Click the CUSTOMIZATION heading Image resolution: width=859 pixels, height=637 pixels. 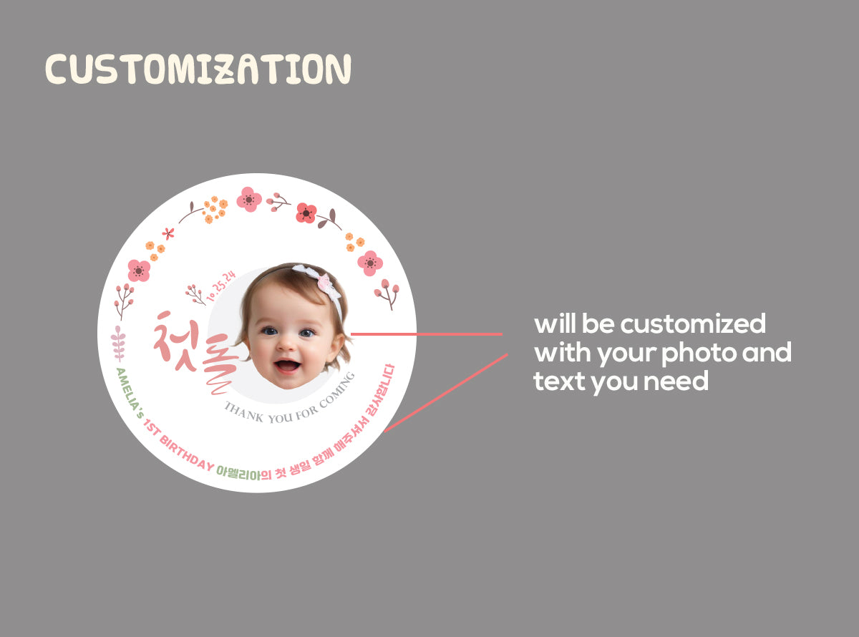point(198,69)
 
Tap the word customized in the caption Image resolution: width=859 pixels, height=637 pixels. point(693,324)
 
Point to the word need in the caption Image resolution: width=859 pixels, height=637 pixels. point(676,381)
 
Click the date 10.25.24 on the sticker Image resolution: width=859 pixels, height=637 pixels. point(220,286)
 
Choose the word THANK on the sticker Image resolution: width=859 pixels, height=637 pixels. point(243,412)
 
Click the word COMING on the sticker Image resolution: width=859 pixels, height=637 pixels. point(337,389)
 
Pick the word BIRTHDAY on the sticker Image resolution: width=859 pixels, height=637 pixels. point(186,453)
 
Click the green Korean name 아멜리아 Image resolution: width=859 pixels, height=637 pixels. point(238,473)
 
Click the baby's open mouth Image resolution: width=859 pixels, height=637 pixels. point(287,365)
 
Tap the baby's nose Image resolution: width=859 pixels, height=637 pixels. point(286,343)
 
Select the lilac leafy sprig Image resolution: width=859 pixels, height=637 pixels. point(118,344)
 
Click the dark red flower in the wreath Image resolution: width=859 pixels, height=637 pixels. point(306,213)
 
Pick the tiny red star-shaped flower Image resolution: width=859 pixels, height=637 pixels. point(168,233)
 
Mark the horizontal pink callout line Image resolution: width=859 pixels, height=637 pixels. point(427,334)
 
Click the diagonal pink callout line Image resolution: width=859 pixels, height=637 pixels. point(446,393)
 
